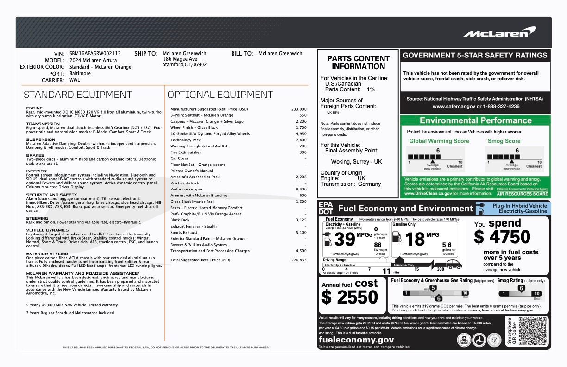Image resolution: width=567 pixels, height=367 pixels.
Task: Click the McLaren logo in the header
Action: pyautogui.click(x=499, y=33)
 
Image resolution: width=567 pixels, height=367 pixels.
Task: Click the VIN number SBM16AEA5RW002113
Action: pyautogui.click(x=95, y=54)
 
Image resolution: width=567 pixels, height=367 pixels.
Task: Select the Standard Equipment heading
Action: pyautogui.click(x=78, y=95)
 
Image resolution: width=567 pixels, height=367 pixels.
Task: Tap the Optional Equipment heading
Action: pyautogui.click(x=220, y=95)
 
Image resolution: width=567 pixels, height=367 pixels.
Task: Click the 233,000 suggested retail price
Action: pyautogui.click(x=299, y=109)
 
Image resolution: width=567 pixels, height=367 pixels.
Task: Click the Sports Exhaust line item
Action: pyautogui.click(x=184, y=233)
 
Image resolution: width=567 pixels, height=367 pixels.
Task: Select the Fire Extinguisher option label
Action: pyautogui.click(x=186, y=152)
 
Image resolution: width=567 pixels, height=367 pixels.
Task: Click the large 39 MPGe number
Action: pyautogui.click(x=345, y=239)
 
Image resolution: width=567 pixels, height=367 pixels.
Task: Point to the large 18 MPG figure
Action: pyautogui.click(x=415, y=239)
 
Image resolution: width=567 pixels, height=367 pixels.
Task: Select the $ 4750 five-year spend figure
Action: pyautogui.click(x=502, y=237)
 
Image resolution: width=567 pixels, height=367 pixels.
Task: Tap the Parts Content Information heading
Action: pyautogui.click(x=358, y=63)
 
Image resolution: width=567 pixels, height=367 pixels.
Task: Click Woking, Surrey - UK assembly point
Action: pyautogui.click(x=356, y=162)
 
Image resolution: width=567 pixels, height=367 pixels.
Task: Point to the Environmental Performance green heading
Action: pyautogui.click(x=475, y=121)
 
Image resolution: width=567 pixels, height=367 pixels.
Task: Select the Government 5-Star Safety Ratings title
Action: pyautogui.click(x=475, y=55)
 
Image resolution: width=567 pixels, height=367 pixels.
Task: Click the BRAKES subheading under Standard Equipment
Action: pyautogui.click(x=35, y=156)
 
